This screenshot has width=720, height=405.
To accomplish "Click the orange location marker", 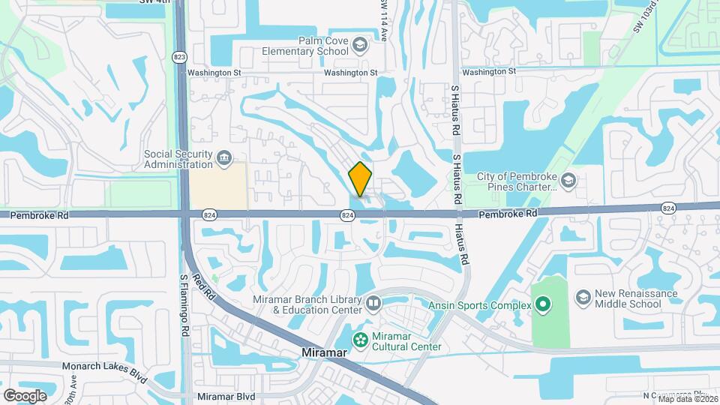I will [x=360, y=179].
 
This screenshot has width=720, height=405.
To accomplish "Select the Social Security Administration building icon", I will [x=223, y=159].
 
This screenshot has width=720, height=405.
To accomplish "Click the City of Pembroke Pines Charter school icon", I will [x=568, y=181].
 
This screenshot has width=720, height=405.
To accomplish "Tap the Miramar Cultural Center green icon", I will [x=361, y=340].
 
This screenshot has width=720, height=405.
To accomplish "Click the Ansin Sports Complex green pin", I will [x=543, y=305].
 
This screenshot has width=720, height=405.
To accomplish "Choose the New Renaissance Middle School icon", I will [x=583, y=298].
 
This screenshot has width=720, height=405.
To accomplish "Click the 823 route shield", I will [x=178, y=57].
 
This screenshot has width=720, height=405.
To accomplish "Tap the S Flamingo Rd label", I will [x=184, y=300].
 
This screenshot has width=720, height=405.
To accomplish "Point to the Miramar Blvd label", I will [x=226, y=396].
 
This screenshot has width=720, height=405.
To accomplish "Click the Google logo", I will [x=25, y=395].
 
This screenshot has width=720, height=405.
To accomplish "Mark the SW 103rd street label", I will [x=647, y=16].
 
